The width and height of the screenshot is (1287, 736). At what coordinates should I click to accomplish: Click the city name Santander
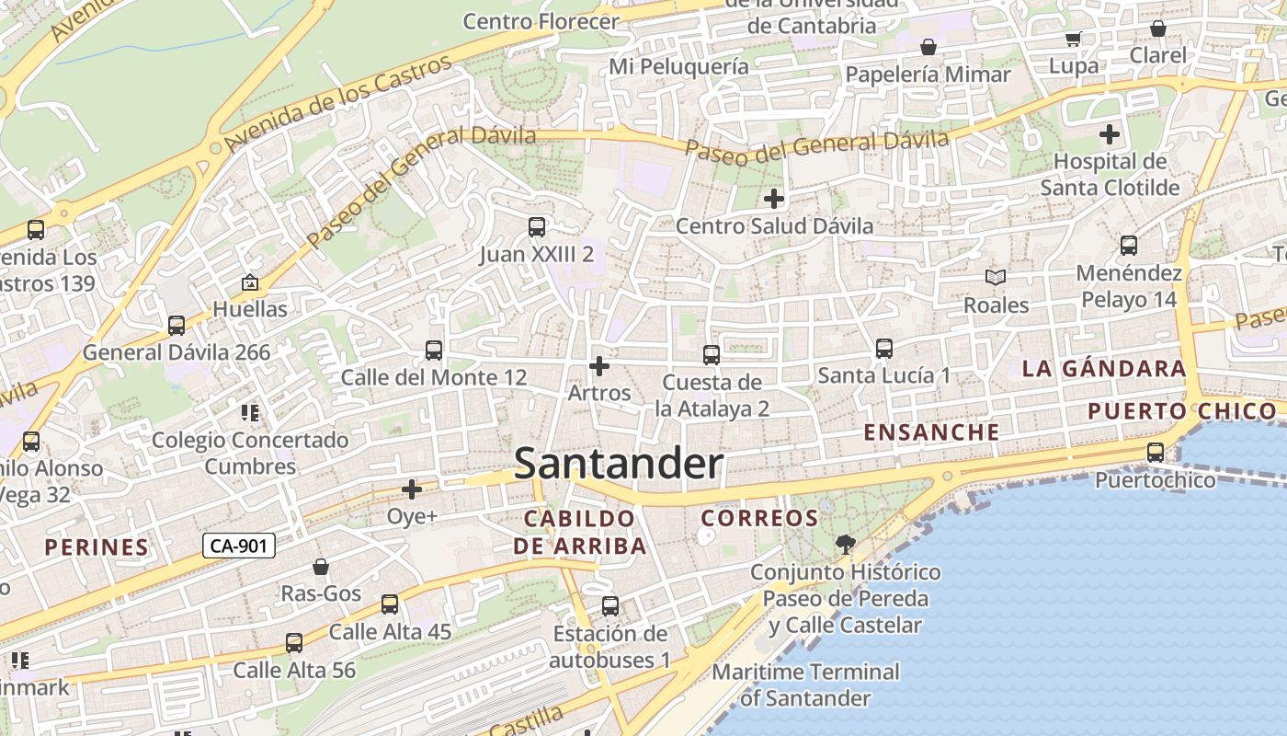(x=618, y=464)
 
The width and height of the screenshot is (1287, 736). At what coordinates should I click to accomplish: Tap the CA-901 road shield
(x=238, y=546)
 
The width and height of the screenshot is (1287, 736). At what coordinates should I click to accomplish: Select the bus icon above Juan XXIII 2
(x=536, y=226)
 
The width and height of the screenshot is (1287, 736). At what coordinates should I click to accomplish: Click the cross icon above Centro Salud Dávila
(x=774, y=198)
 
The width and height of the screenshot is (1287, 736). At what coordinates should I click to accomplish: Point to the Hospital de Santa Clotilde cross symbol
(x=1110, y=134)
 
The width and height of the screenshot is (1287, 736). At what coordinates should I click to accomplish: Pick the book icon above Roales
(x=996, y=277)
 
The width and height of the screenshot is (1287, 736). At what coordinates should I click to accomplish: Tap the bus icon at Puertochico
(x=1156, y=452)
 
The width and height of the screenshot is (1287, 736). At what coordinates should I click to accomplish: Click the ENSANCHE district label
(x=931, y=432)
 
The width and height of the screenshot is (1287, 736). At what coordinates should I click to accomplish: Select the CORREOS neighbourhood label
(x=759, y=519)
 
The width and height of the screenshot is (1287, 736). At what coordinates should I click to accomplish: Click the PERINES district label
(x=97, y=547)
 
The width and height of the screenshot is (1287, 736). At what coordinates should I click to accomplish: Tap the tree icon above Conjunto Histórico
(x=845, y=544)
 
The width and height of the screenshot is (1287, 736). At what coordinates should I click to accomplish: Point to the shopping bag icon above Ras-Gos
(x=321, y=567)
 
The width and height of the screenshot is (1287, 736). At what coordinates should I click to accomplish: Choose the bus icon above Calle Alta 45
(x=390, y=604)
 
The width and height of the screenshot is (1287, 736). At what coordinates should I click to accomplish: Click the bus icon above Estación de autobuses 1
(x=610, y=606)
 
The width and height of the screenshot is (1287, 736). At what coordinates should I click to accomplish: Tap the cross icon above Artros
(x=599, y=366)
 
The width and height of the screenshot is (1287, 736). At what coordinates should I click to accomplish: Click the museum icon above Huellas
(x=249, y=282)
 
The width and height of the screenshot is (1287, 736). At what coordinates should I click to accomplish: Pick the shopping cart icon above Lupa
(x=1073, y=39)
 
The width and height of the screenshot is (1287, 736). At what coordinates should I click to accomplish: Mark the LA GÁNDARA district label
(x=1104, y=369)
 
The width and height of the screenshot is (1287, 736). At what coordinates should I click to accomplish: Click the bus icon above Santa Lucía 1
(x=884, y=349)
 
